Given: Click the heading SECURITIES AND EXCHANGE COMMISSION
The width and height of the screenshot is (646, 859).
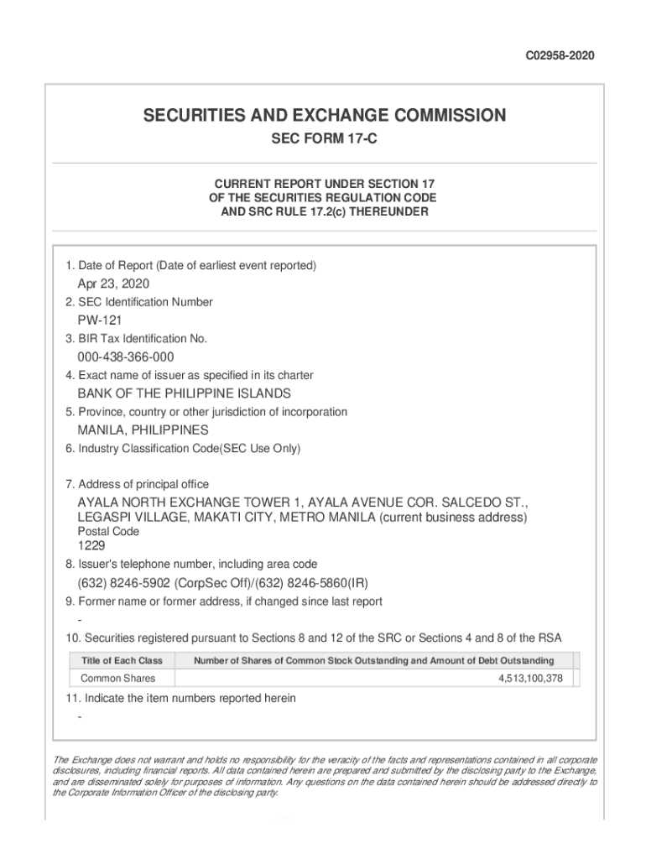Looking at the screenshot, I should pos(324,115).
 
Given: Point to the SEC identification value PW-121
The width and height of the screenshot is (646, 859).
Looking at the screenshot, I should pos(102,320).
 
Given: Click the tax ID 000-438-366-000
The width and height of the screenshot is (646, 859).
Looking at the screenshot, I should pos(126,357).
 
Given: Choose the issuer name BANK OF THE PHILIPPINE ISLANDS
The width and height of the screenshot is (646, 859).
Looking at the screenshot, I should pos(185,393).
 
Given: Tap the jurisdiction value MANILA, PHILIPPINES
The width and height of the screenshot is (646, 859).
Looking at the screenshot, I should pos(143,430).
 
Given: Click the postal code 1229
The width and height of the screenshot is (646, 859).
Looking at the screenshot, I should pos(91,545).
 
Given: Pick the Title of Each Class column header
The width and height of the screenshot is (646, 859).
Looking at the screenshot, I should pos(122,660).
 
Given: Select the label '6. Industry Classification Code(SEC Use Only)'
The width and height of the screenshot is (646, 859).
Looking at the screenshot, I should pos(183,449).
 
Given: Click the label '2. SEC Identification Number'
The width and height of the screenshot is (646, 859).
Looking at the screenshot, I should pos(138,302).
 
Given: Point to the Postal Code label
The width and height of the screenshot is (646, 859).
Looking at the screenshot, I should pos(108,532).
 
